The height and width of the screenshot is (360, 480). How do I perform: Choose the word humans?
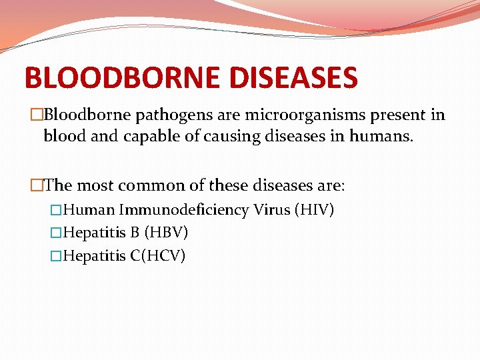(385, 137)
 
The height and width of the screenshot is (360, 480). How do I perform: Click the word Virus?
(271, 211)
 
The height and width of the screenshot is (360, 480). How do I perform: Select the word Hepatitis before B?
(95, 233)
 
